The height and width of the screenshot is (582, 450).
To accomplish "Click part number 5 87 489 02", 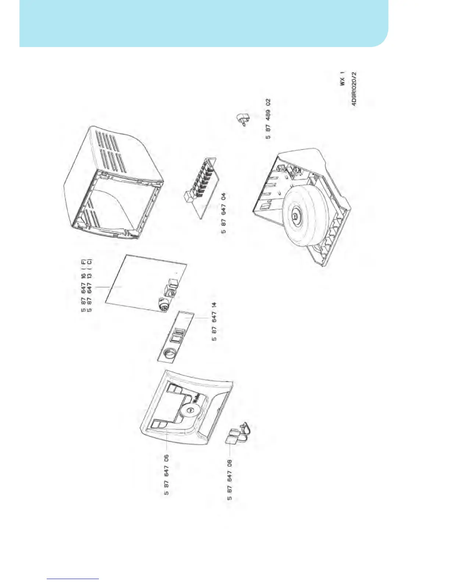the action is point(268,119).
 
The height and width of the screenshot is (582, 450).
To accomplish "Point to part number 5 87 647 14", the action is point(214,321).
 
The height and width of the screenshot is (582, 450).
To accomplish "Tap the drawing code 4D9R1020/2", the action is point(354,89).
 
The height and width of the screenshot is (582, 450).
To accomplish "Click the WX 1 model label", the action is point(342,79).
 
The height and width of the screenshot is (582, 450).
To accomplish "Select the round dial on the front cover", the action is point(190,410).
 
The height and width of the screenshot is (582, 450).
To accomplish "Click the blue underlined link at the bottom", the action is point(73,579).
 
